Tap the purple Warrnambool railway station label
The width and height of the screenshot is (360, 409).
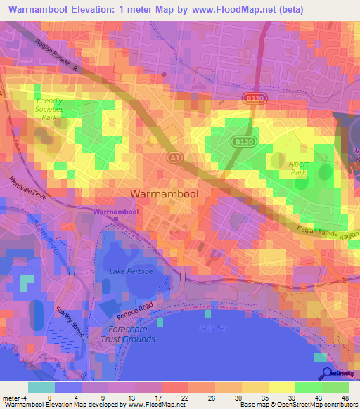(115, 211)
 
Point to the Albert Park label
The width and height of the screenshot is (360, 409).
(300, 167)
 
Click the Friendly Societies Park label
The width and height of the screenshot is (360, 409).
(49, 110)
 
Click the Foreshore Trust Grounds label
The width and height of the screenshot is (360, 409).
(131, 334)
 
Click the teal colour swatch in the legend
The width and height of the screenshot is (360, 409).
(41, 387)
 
